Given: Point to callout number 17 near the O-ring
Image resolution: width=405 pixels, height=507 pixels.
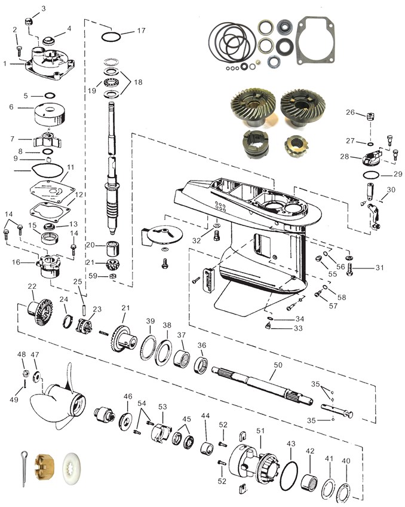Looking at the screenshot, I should click(x=141, y=30).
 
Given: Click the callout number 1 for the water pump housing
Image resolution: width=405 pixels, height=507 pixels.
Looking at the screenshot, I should click(x=5, y=63).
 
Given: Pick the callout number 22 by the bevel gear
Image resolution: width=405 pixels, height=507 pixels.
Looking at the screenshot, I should click(x=32, y=286).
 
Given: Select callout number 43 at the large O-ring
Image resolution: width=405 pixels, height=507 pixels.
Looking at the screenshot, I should click(x=291, y=444).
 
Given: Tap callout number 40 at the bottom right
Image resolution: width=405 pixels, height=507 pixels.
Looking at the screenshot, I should click(x=346, y=461).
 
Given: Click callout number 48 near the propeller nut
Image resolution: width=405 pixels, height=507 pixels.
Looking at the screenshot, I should click(x=22, y=355).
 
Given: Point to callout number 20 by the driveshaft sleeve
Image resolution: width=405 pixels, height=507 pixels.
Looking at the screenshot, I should click(x=91, y=245).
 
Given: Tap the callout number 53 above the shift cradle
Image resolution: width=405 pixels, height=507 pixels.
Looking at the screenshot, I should click(x=162, y=407).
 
